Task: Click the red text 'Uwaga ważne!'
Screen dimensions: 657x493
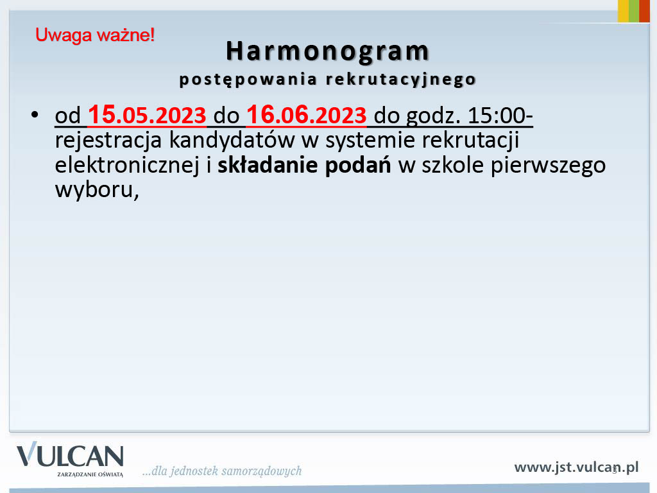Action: tap(95, 35)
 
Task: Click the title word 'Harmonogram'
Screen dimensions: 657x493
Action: tap(328, 52)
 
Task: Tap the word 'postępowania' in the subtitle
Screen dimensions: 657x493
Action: tap(248, 80)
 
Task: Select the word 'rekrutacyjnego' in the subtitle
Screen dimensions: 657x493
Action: tap(401, 80)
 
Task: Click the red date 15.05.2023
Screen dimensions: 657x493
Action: tap(147, 114)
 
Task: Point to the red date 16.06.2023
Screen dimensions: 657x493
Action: tap(306, 114)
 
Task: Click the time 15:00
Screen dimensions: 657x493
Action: tap(497, 116)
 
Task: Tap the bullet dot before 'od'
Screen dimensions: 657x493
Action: tap(35, 114)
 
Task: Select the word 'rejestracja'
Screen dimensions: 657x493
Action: tap(108, 141)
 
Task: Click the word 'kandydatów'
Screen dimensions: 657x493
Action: tap(232, 140)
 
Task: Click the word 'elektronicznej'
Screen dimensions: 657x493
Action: tap(127, 165)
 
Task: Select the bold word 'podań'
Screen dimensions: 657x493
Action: tap(358, 165)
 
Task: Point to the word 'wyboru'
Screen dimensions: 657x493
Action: tap(94, 190)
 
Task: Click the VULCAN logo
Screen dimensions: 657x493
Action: tap(70, 459)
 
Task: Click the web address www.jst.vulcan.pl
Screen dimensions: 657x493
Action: tap(576, 467)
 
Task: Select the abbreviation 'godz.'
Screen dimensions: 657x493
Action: tap(433, 116)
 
